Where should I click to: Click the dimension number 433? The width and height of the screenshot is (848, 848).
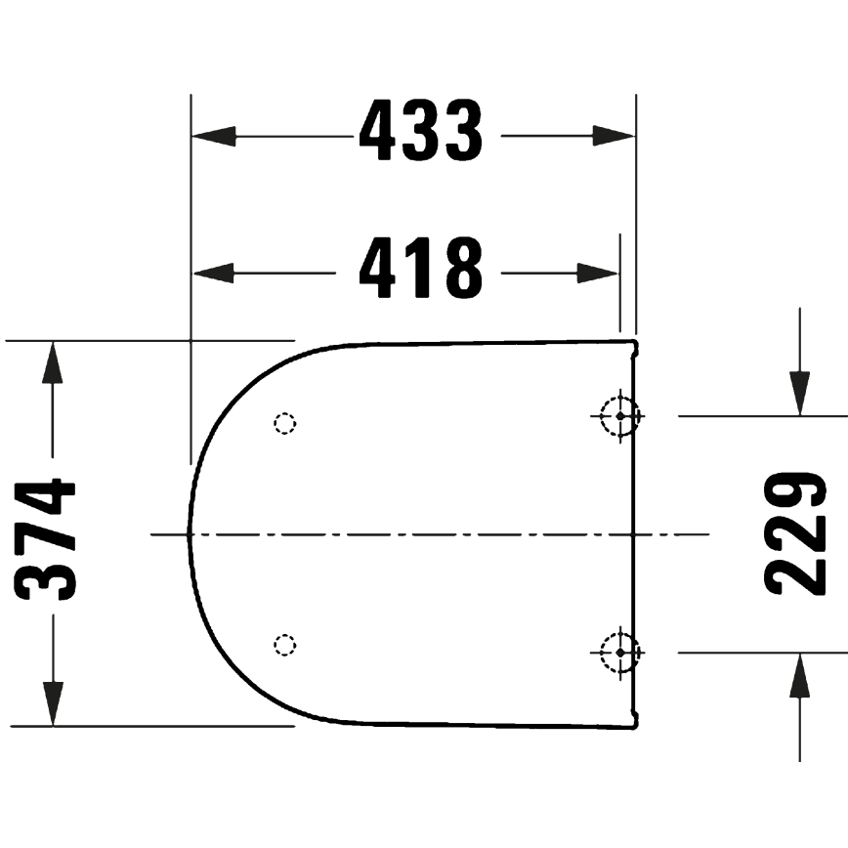click(420, 132)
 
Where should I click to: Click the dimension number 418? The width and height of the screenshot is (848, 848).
click(420, 270)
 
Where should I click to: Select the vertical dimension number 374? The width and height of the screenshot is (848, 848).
click(47, 539)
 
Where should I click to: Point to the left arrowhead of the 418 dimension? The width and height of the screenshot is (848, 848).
click(213, 273)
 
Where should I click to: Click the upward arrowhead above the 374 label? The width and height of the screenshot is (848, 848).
click(53, 362)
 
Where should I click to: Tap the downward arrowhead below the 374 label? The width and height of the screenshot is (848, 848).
click(53, 704)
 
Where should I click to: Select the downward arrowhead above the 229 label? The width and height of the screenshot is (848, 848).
click(800, 394)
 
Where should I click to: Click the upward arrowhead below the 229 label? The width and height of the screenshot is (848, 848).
click(800, 675)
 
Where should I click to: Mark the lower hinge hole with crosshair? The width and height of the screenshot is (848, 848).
click(619, 651)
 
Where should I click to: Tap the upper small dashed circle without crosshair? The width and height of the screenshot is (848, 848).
click(284, 423)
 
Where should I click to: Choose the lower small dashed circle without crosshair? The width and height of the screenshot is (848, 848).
click(284, 644)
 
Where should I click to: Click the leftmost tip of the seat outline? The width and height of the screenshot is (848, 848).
click(189, 533)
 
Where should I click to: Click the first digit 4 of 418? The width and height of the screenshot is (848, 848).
click(376, 270)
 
